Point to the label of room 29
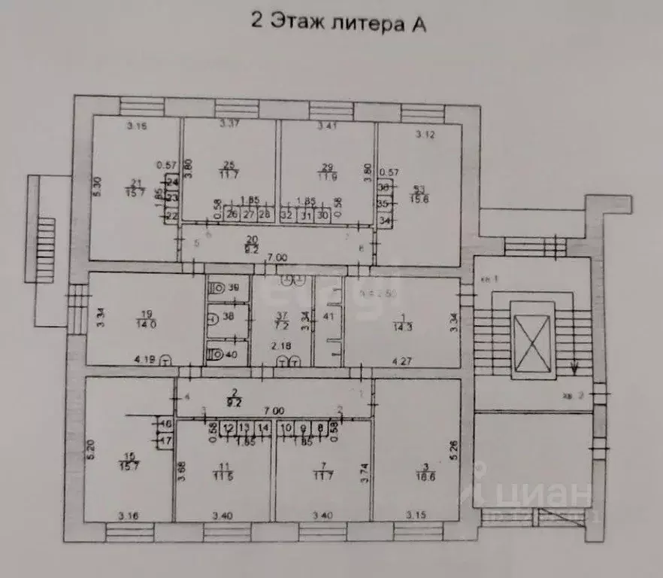pyautogui.click(x=326, y=170)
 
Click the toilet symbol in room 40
pyautogui.click(x=216, y=354)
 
